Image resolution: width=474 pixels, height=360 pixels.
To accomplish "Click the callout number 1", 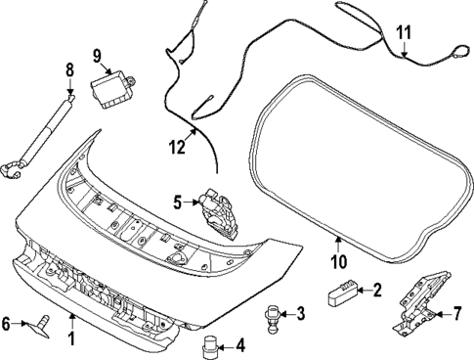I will pyautogui.click(x=70, y=338).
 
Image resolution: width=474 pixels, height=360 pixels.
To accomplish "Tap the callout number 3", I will pyautogui.click(x=300, y=313).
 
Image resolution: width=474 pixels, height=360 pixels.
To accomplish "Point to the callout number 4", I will pyautogui.click(x=241, y=344).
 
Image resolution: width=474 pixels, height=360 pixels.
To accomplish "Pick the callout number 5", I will pyautogui.click(x=178, y=203).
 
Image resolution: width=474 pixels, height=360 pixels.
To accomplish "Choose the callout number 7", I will pyautogui.click(x=455, y=314).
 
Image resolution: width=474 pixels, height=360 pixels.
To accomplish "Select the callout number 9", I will pyautogui.click(x=98, y=55).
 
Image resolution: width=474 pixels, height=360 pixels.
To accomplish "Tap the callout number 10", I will pyautogui.click(x=338, y=261).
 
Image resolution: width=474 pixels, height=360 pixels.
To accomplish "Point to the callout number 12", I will pyautogui.click(x=176, y=149).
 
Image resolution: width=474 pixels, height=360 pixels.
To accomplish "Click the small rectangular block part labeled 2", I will pyautogui.click(x=344, y=291).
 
